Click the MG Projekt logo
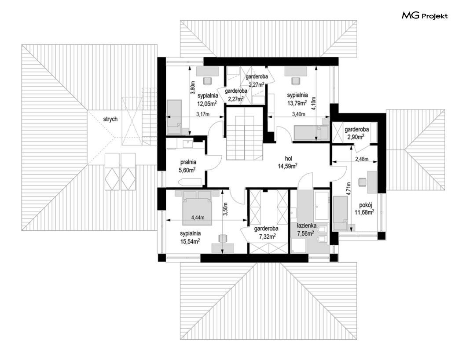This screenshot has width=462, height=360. [x=425, y=15]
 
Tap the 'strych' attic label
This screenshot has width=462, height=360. [x=110, y=119]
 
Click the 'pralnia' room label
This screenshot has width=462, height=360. [x=188, y=162]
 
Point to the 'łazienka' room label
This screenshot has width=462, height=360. [x=307, y=226]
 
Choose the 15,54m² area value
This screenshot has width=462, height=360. [x=190, y=241]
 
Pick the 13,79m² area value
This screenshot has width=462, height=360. [x=297, y=103]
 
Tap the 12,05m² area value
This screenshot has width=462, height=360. [x=207, y=103]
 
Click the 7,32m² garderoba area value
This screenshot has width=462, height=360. [x=266, y=236]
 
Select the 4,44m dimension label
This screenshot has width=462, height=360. [x=198, y=218]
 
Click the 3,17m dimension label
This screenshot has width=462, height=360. [x=203, y=114]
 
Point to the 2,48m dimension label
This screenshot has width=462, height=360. [x=362, y=159]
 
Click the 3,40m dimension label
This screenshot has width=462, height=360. [x=298, y=114]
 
